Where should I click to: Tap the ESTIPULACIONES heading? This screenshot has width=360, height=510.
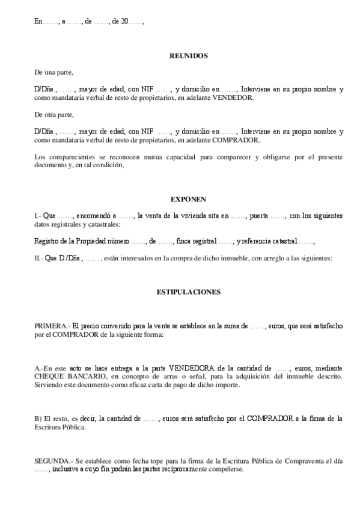(x=188, y=292)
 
